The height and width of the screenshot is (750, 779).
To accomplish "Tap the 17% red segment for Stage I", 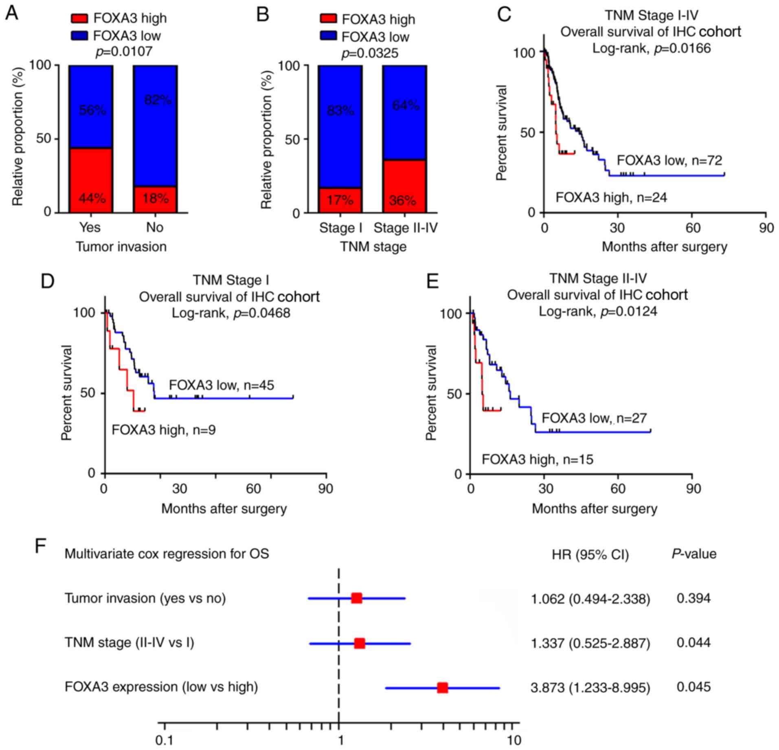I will coord(340,200).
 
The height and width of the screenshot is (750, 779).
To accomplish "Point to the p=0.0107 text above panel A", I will coord(124,52).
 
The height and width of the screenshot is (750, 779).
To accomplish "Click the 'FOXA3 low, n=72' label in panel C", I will coord(669,160).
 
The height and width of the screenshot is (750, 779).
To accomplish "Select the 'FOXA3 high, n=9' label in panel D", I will coord(164,430).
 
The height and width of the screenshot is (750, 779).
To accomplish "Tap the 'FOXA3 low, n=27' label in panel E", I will coord(594,418).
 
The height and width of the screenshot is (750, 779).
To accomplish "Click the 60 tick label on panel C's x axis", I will coord(692,228).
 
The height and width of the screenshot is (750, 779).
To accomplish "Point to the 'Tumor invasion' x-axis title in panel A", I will coord(121,247).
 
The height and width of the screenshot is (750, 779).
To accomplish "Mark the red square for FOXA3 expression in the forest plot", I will coord(442,688).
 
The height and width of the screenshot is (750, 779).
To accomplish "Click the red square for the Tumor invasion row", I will coord(356,598).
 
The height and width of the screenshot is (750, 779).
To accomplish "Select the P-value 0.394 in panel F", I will coord(693,598).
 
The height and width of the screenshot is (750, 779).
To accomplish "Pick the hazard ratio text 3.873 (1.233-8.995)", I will coord(590,688).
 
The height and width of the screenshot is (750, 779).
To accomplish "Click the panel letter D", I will coord(48,281).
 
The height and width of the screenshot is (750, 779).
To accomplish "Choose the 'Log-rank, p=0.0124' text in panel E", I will coord(598,312).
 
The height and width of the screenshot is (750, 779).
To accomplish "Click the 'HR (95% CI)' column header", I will coord(590,554).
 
